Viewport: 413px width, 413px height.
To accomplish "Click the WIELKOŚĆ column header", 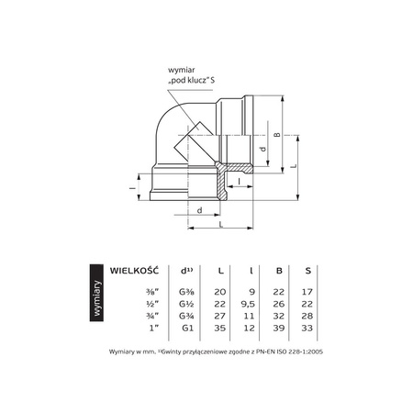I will coord(135,271).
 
